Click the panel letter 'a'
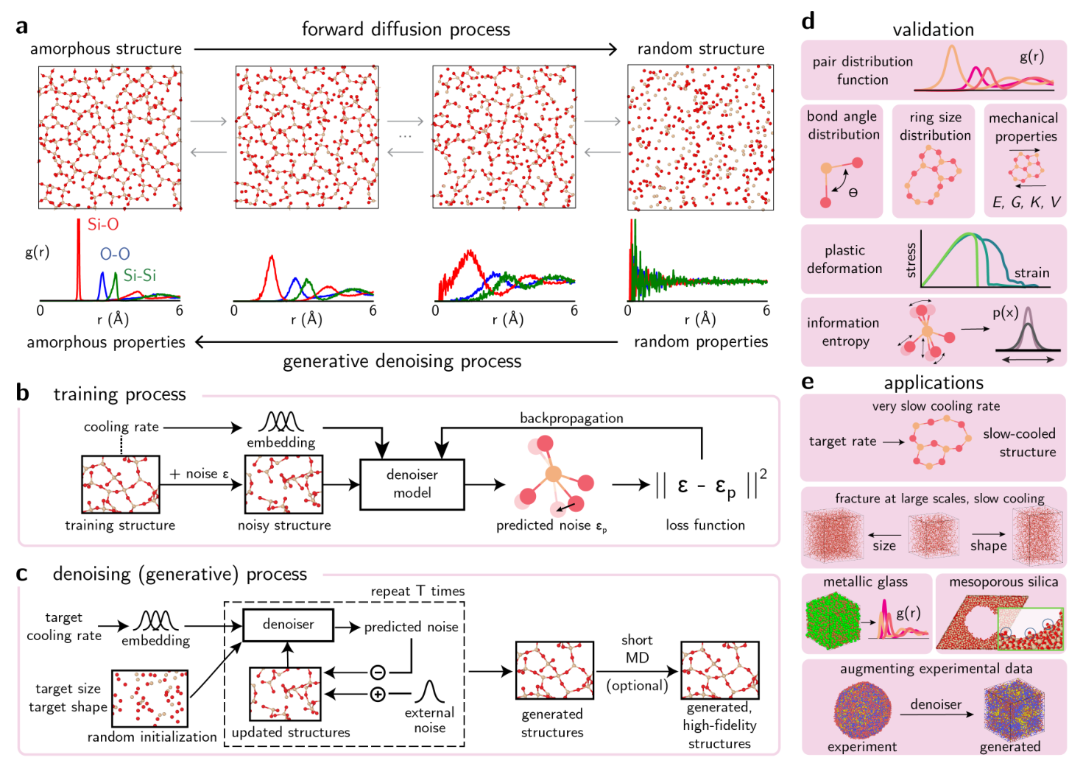[x=22, y=26]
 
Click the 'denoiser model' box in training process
[x=412, y=484]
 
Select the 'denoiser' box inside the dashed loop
[x=288, y=625]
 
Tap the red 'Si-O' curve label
[x=102, y=224]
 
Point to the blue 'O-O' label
[x=115, y=254]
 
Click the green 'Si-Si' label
[x=139, y=275]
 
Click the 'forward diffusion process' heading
[x=406, y=29]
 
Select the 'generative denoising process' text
[x=402, y=361]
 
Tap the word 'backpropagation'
[x=571, y=418]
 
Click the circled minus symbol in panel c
[x=378, y=672]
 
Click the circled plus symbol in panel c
[x=378, y=694]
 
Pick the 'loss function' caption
[x=705, y=525]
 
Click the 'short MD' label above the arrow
[x=637, y=649]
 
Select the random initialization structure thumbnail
[x=149, y=698]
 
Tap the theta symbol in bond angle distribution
[x=853, y=193]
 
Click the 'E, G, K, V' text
[x=1026, y=202]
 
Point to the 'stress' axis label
[x=911, y=260]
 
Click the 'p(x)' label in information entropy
[x=1005, y=313]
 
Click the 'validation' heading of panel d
[x=933, y=29]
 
